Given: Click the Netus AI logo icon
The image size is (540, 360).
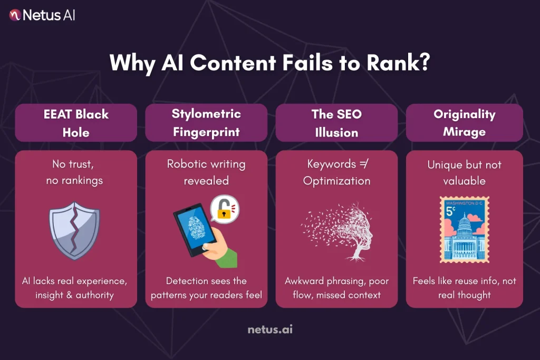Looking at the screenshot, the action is tap(15, 15).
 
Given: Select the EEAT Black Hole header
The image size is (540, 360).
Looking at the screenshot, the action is tap(76, 122).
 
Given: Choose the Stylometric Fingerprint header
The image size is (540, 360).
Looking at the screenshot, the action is tap(206, 122).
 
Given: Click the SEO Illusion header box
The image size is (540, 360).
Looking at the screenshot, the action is tap(336, 122).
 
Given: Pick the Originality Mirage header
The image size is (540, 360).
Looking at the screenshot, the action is tap(464, 122).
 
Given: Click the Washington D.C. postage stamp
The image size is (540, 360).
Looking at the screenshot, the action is tap(464, 230).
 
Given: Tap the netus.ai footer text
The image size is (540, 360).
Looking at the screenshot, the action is tap(270, 330).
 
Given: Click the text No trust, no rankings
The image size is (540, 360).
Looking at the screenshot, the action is tap(76, 172).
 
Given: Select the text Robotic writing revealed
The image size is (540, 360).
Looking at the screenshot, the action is tap(206, 172).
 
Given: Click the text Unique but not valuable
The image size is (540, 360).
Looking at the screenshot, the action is tap(464, 172).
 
